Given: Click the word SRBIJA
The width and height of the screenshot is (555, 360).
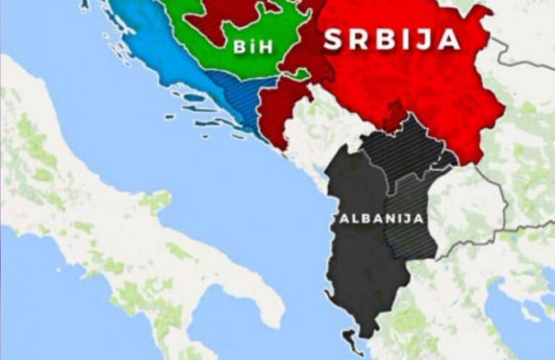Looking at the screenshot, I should (391, 39).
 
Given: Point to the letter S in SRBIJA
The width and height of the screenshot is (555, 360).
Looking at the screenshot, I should (332, 40).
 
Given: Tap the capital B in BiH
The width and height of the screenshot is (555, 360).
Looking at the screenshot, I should (238, 48).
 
